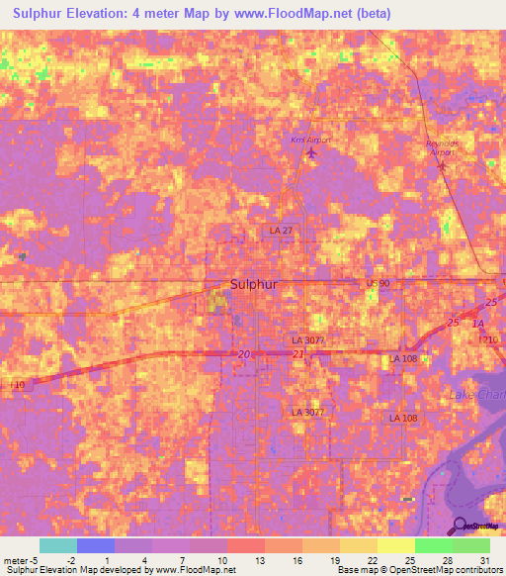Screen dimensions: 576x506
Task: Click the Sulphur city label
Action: point(254,284)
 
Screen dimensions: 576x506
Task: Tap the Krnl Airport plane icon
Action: point(313,152)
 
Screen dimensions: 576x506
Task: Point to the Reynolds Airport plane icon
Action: point(442,165)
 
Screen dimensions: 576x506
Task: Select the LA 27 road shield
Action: point(282,231)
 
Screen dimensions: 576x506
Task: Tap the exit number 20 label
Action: point(243,354)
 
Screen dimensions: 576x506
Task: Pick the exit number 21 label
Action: point(297,354)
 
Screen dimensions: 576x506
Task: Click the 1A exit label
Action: point(479,324)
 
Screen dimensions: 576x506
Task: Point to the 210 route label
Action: point(491,339)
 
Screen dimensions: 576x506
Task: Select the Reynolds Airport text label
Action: point(442,146)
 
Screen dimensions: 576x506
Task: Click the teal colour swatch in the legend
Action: point(58,545)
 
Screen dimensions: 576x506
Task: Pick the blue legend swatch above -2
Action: point(96,545)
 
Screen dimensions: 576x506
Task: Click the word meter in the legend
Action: point(16,560)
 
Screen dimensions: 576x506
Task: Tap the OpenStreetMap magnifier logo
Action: point(461,526)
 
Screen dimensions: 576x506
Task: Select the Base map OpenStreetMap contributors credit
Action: point(418,570)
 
